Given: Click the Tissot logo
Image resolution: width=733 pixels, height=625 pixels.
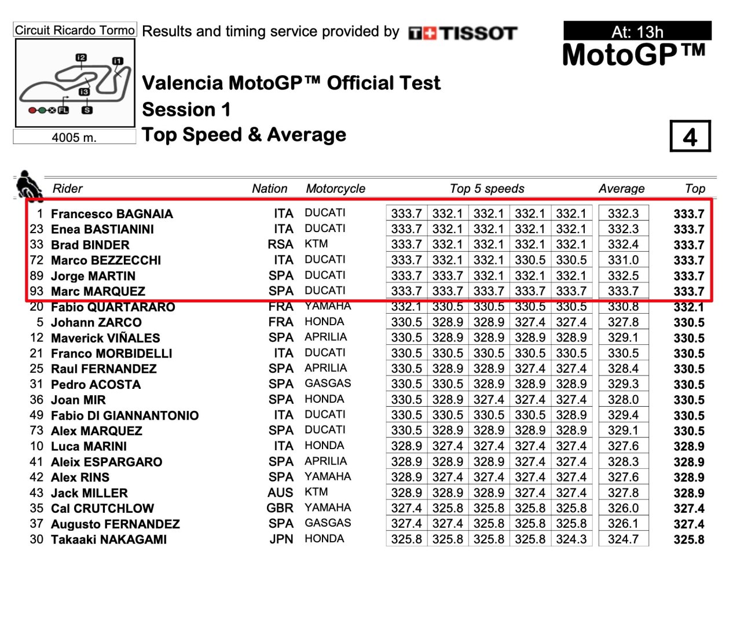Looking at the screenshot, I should tap(463, 33).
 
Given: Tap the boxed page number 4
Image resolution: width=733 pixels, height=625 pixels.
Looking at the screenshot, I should tap(690, 137).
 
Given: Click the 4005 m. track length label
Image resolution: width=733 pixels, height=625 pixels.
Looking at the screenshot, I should tap(74, 137).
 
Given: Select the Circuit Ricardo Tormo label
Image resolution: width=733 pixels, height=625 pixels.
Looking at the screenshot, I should tap(75, 30).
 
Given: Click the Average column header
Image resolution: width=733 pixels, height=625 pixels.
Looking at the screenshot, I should tap(621, 189).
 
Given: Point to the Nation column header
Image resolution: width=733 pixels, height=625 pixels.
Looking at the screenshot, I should tap(269, 189).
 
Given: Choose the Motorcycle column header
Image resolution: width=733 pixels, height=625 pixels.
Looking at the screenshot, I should tap(335, 189).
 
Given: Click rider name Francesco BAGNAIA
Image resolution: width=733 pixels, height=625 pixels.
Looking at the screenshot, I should tap(112, 214).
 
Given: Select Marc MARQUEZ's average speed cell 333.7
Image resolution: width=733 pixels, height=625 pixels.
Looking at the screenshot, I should tap(623, 291).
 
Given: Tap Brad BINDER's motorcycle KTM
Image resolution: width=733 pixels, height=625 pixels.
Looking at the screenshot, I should tap(316, 244).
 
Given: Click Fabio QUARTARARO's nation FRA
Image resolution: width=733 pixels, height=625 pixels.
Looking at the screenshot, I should tap(281, 307).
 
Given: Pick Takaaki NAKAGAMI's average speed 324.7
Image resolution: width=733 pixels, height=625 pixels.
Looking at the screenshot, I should tap(623, 539).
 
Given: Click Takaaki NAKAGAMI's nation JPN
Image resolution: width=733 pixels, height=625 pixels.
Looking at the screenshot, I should tap(281, 539).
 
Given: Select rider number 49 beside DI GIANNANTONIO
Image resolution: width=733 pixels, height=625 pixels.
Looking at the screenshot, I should tap(36, 416).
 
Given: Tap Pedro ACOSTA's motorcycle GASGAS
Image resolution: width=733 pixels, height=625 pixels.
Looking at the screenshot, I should tap(328, 384).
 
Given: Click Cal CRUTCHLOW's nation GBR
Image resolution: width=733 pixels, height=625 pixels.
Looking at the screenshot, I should tap(280, 508).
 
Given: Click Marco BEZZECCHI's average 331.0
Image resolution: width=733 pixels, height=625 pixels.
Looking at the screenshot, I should tap(623, 260).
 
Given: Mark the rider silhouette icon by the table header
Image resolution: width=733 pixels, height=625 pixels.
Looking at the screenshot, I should tap(28, 186).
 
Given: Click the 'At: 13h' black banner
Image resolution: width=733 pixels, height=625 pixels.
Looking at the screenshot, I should tap(637, 31).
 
